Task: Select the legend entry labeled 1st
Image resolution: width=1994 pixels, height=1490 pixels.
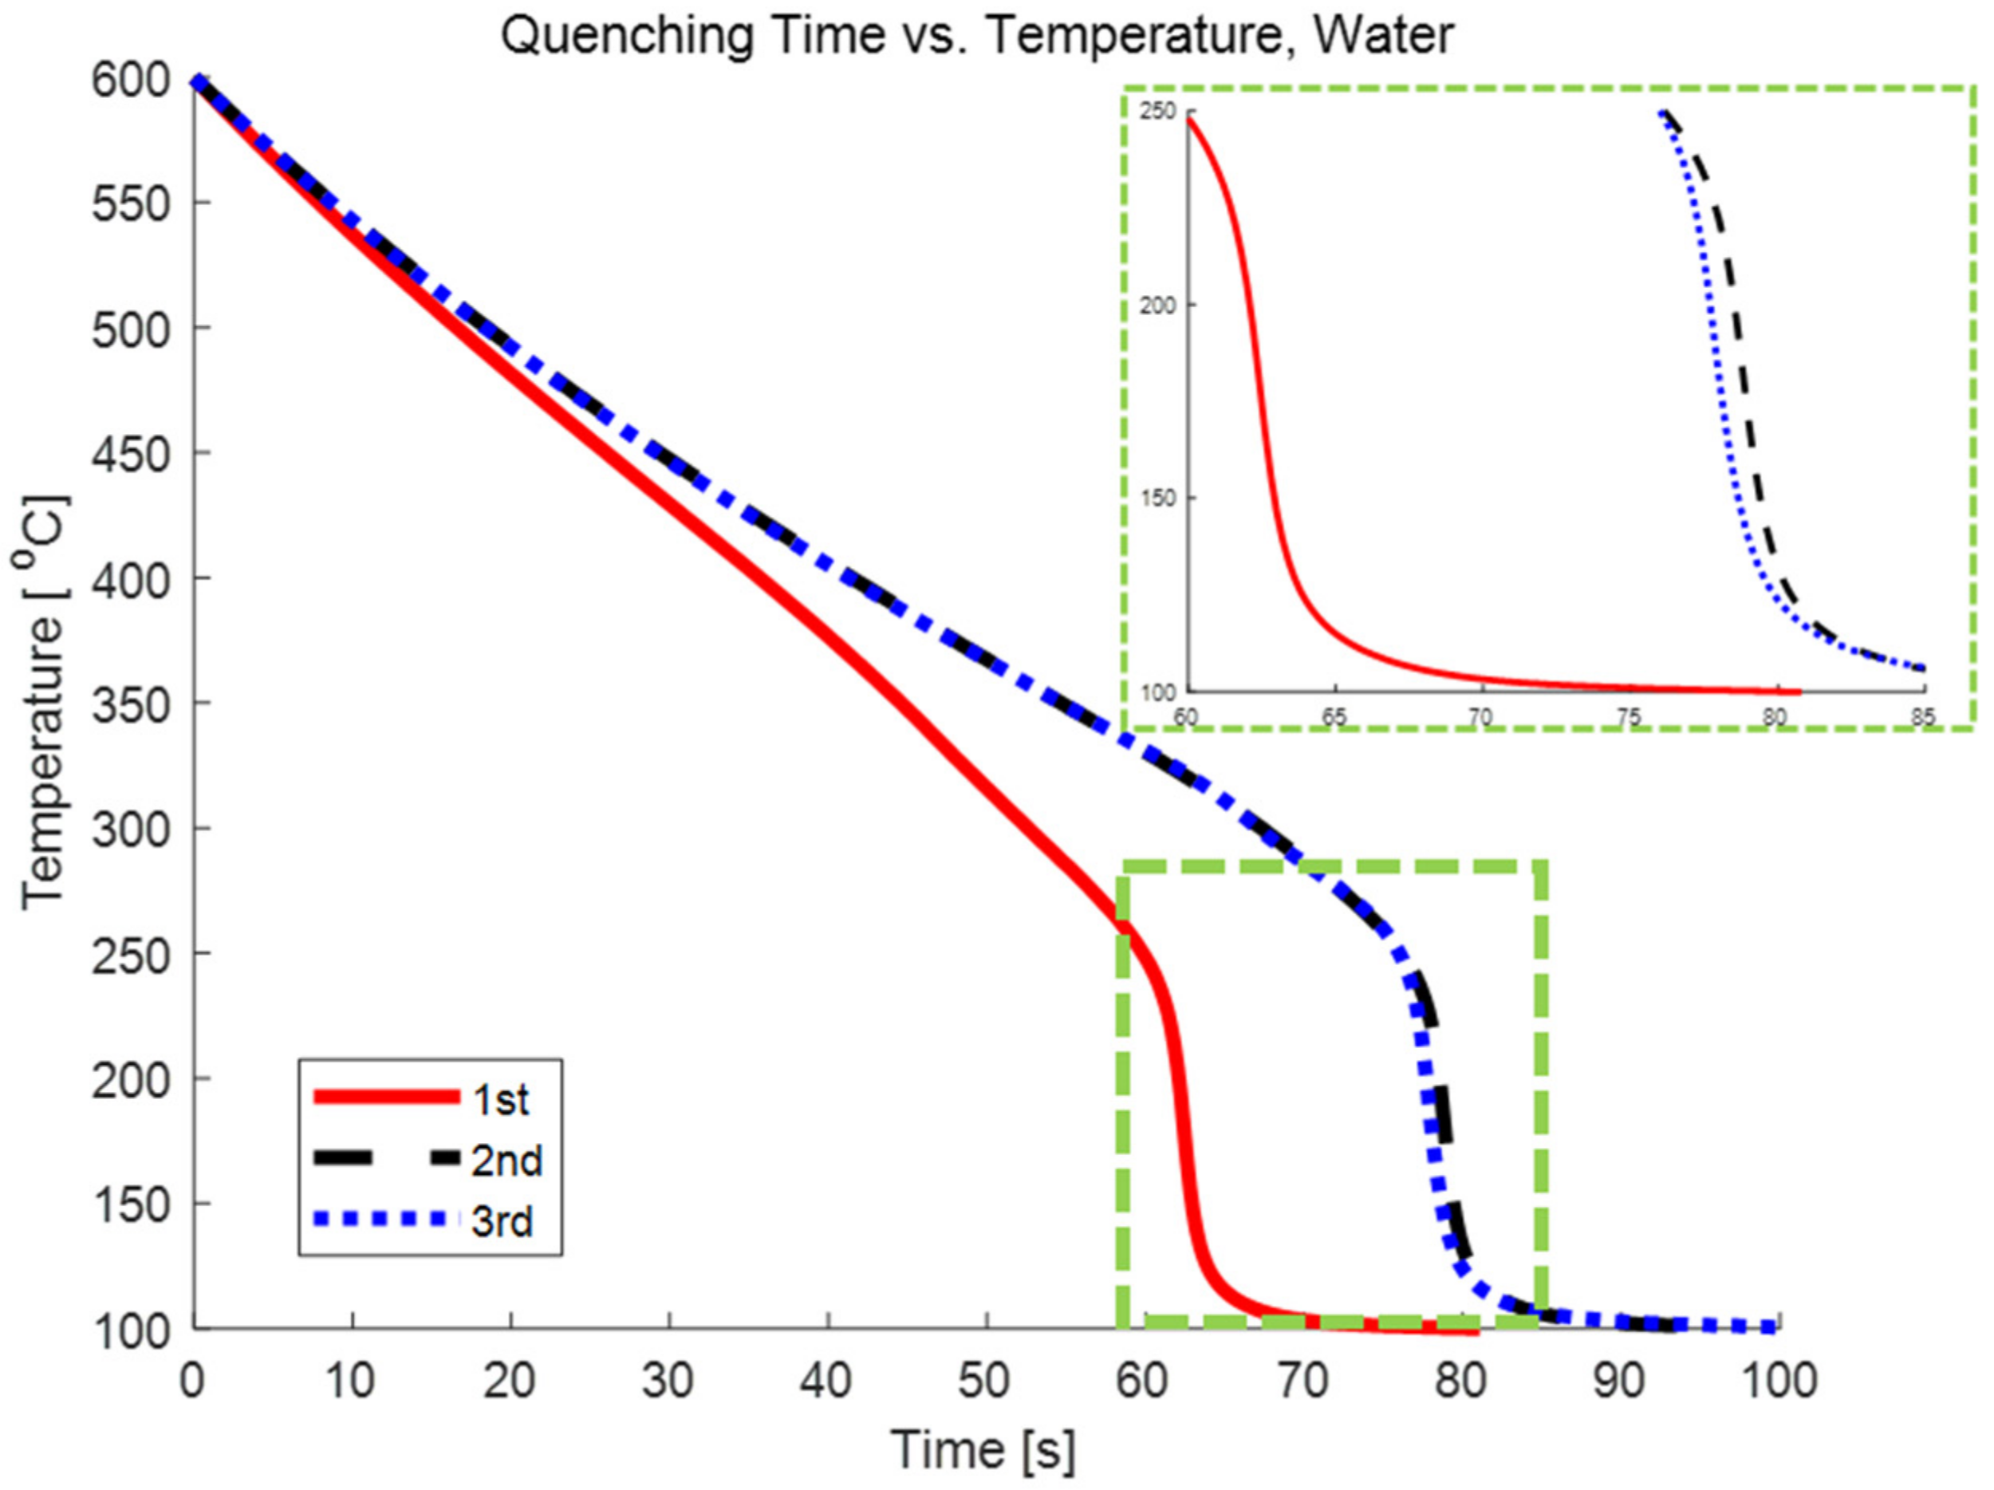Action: coord(500,1100)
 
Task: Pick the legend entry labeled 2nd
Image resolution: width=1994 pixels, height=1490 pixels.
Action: coord(506,1161)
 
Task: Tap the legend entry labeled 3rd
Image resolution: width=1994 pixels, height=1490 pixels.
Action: coord(501,1222)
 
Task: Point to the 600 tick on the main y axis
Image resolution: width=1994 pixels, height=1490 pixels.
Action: coord(132,81)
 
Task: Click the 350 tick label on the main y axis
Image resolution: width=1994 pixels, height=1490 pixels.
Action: coord(132,705)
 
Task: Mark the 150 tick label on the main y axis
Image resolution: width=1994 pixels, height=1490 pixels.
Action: coord(132,1205)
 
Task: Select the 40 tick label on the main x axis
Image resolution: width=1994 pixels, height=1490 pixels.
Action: coord(826,1380)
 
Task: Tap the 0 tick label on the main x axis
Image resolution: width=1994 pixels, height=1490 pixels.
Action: coord(192,1380)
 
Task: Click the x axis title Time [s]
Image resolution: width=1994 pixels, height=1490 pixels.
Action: coord(983,1450)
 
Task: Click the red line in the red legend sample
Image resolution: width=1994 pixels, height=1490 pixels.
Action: coord(387,1097)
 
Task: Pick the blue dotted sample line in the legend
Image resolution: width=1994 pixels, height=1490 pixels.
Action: coord(387,1220)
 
